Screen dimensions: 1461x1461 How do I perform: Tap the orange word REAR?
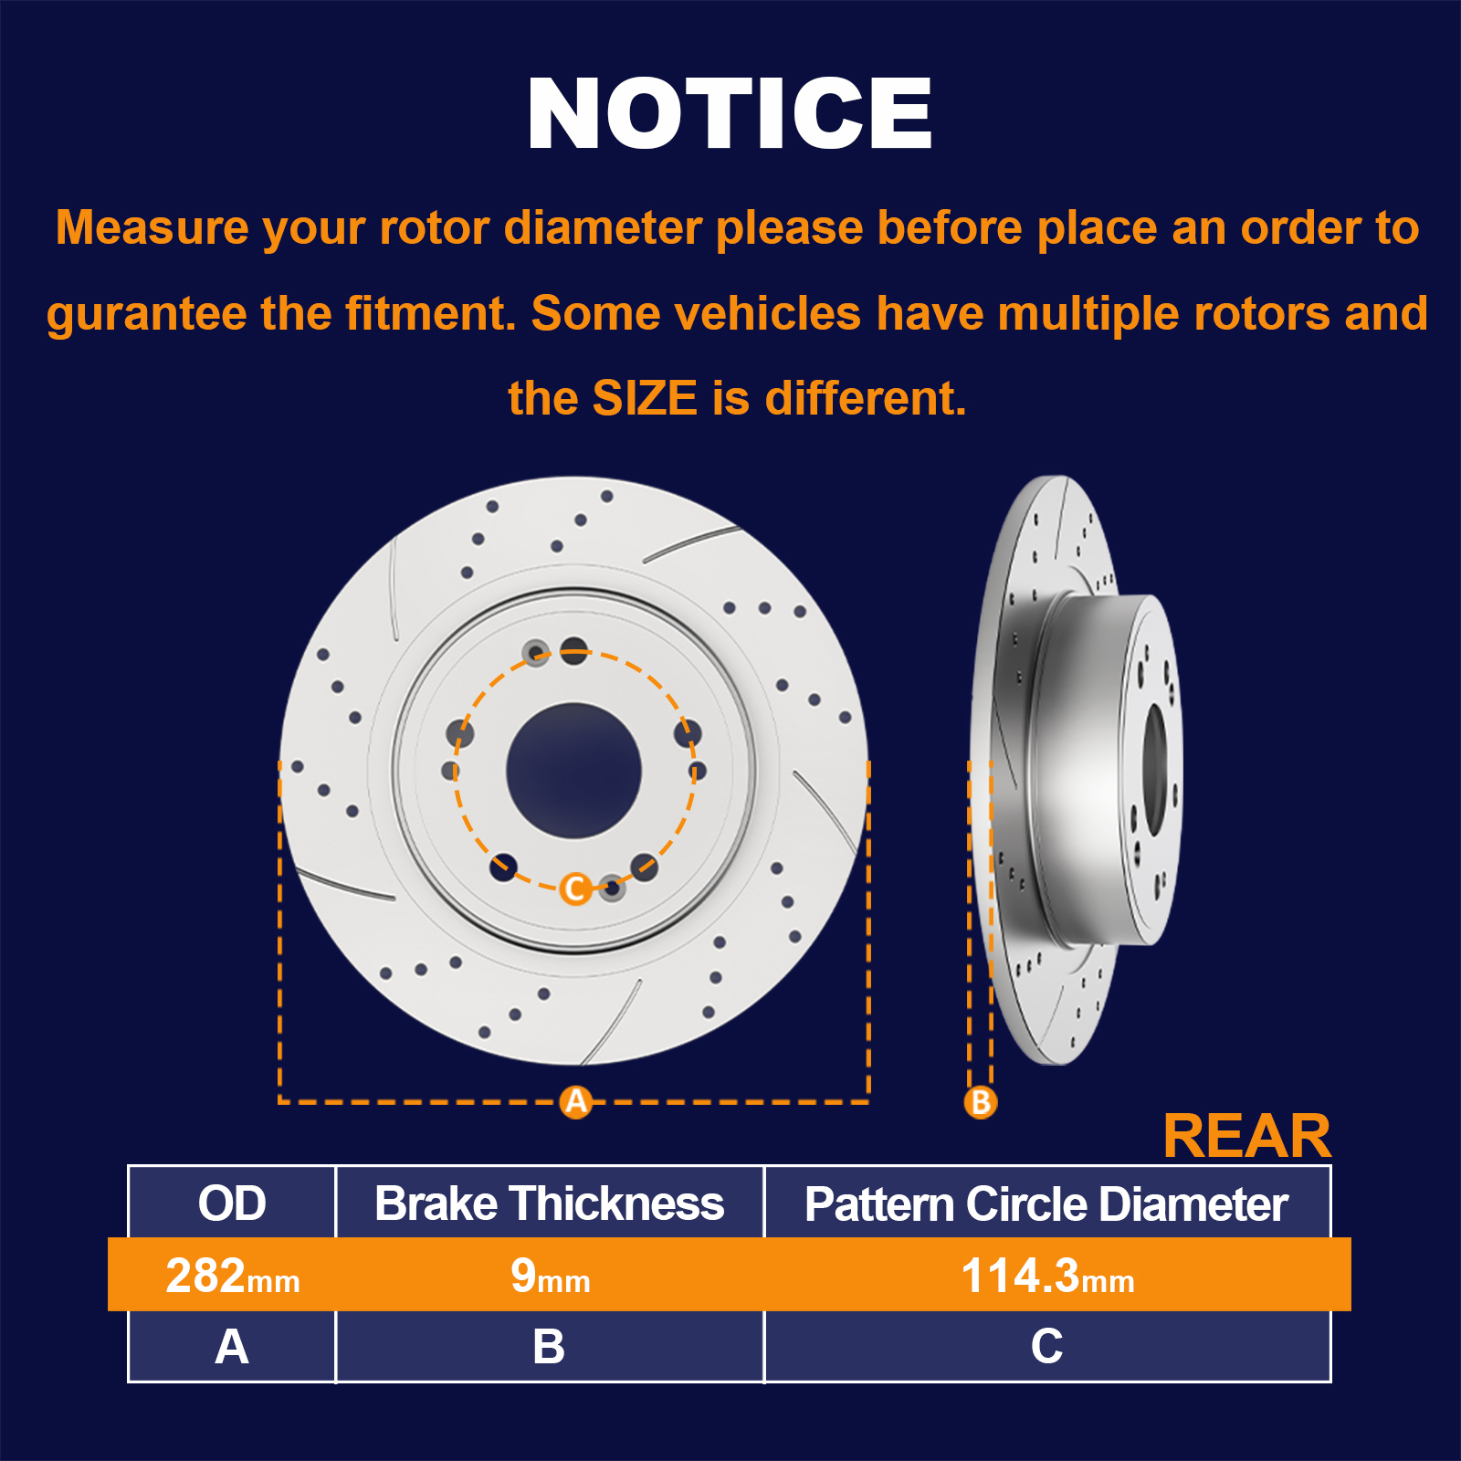pyautogui.click(x=1247, y=1136)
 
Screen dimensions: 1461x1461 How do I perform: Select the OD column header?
pyautogui.click(x=232, y=1203)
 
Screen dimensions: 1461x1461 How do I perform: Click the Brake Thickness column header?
pyautogui.click(x=549, y=1203)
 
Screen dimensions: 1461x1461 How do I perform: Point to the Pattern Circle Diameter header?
pyautogui.click(x=1046, y=1203)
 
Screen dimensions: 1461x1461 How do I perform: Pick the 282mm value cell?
pyautogui.click(x=233, y=1276)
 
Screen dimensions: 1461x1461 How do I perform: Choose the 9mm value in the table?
pyautogui.click(x=550, y=1276)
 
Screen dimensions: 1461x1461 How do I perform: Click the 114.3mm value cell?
pyautogui.click(x=1047, y=1276)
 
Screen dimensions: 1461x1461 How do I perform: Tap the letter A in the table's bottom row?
pyautogui.click(x=232, y=1347)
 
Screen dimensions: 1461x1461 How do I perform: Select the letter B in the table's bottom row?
pyautogui.click(x=549, y=1347)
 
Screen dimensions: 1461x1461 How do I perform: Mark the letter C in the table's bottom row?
pyautogui.click(x=1046, y=1347)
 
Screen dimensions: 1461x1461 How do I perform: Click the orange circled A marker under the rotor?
pyautogui.click(x=576, y=1102)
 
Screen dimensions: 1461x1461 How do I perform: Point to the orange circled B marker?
pyautogui.click(x=981, y=1102)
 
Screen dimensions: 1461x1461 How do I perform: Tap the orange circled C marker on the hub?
pyautogui.click(x=575, y=888)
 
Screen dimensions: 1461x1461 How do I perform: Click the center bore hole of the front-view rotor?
pyautogui.click(x=573, y=771)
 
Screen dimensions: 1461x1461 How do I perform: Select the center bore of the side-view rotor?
pyautogui.click(x=1155, y=769)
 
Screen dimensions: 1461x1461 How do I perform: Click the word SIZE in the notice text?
pyautogui.click(x=645, y=398)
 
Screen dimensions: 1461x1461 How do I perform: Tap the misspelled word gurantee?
pyautogui.click(x=146, y=315)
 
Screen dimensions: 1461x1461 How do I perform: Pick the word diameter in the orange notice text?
pyautogui.click(x=603, y=227)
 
